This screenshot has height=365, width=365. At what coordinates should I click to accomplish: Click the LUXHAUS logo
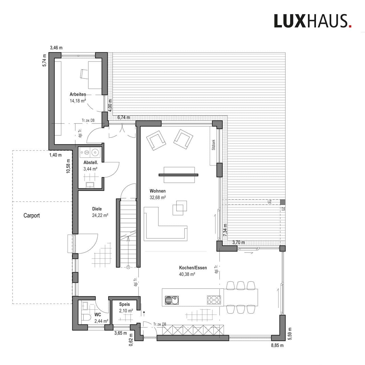tap(313, 21)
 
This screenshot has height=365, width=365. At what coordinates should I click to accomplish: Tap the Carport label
tap(32, 216)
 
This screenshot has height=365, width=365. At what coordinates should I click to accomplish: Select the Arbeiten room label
tap(78, 94)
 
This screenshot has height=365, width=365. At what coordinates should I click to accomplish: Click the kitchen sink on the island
tap(172, 300)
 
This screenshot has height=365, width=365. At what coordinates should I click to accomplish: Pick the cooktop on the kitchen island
tap(214, 300)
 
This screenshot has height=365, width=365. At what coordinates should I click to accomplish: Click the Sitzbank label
tap(214, 145)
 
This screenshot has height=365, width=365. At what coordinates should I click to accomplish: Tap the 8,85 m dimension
tap(277, 345)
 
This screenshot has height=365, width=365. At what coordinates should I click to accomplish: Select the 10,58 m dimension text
tap(68, 166)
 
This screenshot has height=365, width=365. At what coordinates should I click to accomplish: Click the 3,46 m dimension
tap(56, 48)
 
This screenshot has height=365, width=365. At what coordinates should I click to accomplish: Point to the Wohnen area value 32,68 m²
tap(158, 198)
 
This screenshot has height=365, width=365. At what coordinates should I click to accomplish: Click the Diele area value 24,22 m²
tap(100, 215)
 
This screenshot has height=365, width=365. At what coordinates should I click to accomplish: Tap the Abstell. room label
tap(91, 162)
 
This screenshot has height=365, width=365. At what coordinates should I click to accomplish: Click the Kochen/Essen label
tap(193, 268)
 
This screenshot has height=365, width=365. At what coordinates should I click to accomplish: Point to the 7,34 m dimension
tap(225, 230)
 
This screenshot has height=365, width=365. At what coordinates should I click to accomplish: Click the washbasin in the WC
tap(85, 306)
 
